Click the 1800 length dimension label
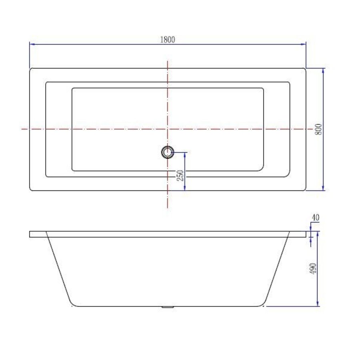168,39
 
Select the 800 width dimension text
319,129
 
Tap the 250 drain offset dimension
180,175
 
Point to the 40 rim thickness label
315,218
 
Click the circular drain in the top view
168,152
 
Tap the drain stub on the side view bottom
168,307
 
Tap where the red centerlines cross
168,129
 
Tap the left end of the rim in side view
30,234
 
